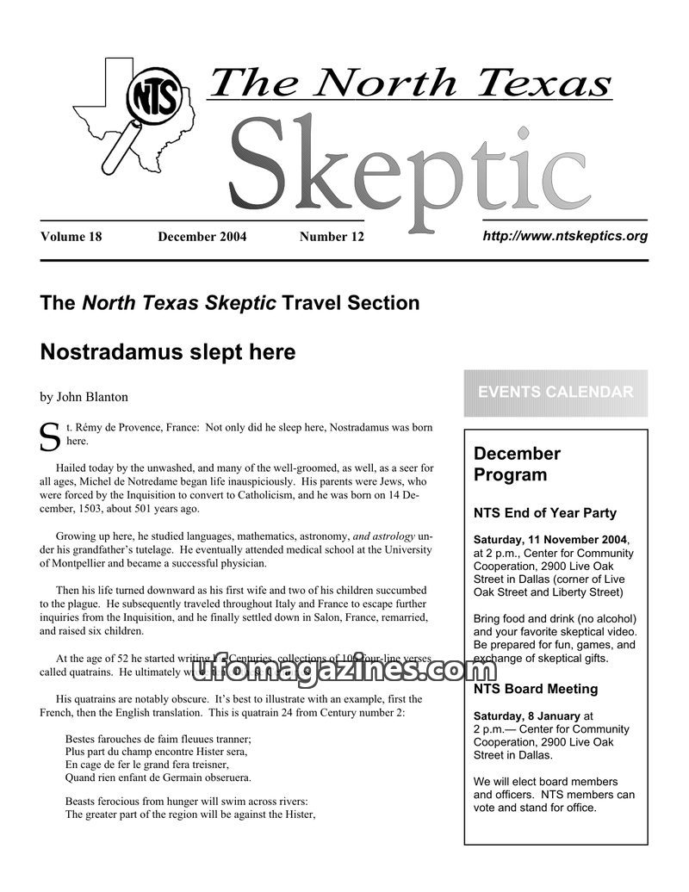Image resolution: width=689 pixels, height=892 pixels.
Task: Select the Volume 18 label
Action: pyautogui.click(x=71, y=237)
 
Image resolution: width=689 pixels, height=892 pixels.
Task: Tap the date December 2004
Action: pyautogui.click(x=202, y=237)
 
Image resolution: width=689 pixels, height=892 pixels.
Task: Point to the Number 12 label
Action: pyautogui.click(x=332, y=237)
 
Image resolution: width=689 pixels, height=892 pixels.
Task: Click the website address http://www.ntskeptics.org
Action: pyautogui.click(x=564, y=235)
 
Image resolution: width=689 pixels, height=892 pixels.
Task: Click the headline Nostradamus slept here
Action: pyautogui.click(x=167, y=352)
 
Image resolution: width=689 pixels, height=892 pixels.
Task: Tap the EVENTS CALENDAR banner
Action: pyautogui.click(x=556, y=393)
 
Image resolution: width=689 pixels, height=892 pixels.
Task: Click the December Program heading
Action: pyautogui.click(x=517, y=464)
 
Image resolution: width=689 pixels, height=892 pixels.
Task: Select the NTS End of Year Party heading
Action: pyautogui.click(x=544, y=513)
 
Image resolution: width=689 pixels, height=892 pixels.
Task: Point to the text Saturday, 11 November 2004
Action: pyautogui.click(x=550, y=540)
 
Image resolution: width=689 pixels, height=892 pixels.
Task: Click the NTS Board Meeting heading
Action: pyautogui.click(x=535, y=689)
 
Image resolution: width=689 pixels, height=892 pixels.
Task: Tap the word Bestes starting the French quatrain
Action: pyautogui.click(x=81, y=739)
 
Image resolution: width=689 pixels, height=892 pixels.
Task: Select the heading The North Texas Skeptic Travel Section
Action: pyautogui.click(x=230, y=303)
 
